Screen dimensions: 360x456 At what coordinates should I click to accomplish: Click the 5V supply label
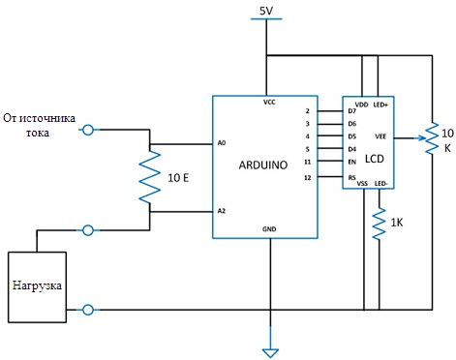[265, 11]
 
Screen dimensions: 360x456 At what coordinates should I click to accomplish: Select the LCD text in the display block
[374, 156]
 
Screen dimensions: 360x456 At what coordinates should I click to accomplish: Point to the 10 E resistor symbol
[148, 176]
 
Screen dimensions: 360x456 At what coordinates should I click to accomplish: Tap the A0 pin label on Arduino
[222, 143]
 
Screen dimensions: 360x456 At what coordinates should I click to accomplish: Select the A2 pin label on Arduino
[222, 210]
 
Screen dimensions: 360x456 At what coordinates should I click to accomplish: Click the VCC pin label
[268, 102]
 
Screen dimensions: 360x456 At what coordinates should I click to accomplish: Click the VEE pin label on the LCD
[380, 137]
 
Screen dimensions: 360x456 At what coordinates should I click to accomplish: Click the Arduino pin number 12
[306, 178]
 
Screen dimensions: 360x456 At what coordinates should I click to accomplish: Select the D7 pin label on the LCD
[351, 110]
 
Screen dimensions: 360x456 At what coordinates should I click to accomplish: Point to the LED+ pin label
[380, 103]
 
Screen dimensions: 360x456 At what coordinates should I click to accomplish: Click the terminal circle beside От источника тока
[88, 130]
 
